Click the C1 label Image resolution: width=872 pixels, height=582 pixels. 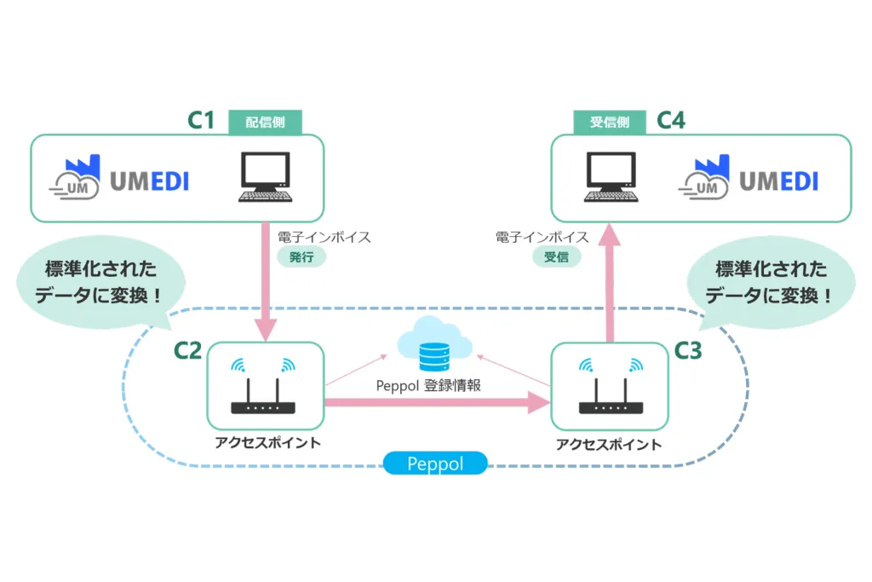click(x=201, y=120)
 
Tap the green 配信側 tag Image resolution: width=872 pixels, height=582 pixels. click(x=266, y=122)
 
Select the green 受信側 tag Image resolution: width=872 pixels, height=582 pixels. click(x=609, y=122)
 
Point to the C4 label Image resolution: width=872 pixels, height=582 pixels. click(x=671, y=120)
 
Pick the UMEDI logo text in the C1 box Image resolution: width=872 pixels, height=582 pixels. click(x=149, y=181)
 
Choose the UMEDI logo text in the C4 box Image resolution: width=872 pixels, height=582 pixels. click(x=778, y=181)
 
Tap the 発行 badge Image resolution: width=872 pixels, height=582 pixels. click(x=301, y=256)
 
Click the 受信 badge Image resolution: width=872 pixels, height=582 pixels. click(x=556, y=256)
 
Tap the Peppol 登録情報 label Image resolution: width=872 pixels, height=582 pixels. click(x=428, y=385)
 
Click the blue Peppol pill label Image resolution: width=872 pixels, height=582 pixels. click(x=435, y=464)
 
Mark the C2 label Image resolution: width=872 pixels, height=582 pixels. click(x=187, y=350)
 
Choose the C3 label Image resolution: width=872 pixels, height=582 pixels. click(x=688, y=350)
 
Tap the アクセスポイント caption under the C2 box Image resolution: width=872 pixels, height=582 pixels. click(x=266, y=442)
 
